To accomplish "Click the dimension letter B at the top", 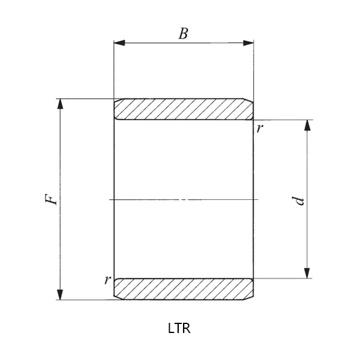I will click(x=183, y=34).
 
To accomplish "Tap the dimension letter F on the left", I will click(x=53, y=199).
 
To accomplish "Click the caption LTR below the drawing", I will click(x=179, y=328).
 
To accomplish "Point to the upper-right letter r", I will click(x=259, y=128).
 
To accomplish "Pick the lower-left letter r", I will click(x=107, y=279).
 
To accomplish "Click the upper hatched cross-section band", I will click(x=183, y=109).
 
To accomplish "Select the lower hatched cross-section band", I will click(x=183, y=289).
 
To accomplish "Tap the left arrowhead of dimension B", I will click(x=119, y=43).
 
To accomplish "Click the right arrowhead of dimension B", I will click(x=248, y=43).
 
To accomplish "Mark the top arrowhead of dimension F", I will click(x=60, y=104).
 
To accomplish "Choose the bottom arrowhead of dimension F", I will click(x=60, y=294).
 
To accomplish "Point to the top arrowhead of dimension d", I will click(x=308, y=125).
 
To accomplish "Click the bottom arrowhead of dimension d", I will click(x=308, y=273).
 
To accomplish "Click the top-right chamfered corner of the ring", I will click(x=251, y=101).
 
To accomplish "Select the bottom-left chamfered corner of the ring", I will click(x=116, y=296).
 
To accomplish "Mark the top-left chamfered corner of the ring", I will click(x=116, y=101).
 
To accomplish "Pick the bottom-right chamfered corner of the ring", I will click(x=251, y=296).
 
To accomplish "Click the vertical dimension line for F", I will click(x=60, y=240).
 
